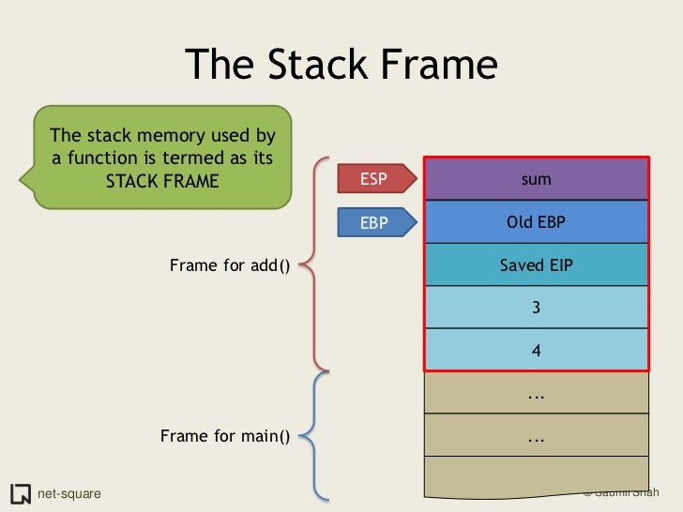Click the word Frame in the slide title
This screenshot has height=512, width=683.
[x=434, y=65]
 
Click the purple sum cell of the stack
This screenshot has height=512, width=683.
[x=536, y=178]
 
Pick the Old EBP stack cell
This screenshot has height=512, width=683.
[x=536, y=222]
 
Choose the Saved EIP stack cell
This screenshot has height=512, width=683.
[x=536, y=265]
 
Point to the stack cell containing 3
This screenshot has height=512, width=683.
[x=536, y=308]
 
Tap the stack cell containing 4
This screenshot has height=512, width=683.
[x=536, y=351]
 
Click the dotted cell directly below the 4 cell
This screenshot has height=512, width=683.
[x=536, y=394]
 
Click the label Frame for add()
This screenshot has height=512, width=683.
[x=230, y=265]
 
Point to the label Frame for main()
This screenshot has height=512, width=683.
[x=225, y=436]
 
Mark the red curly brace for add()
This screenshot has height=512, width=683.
[x=315, y=264]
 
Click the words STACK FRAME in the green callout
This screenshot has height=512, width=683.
[x=161, y=180]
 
